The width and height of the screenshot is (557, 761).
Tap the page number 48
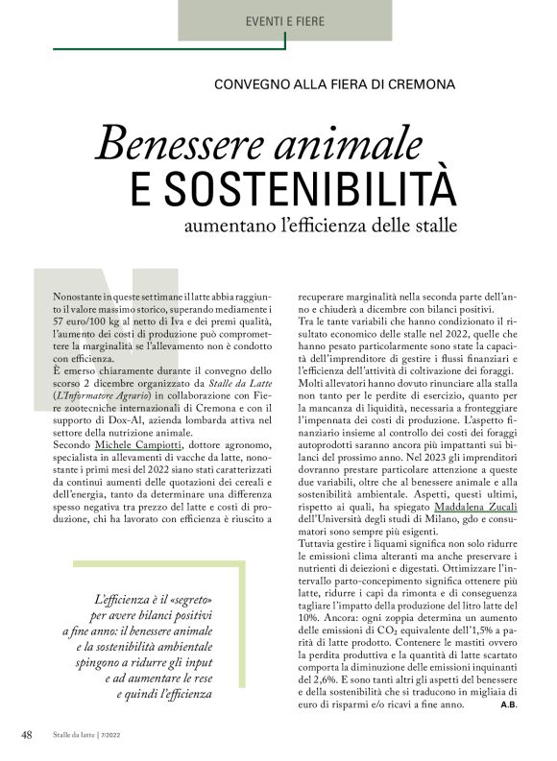click(28, 735)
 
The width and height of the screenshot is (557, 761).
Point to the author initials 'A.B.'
click(510, 705)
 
